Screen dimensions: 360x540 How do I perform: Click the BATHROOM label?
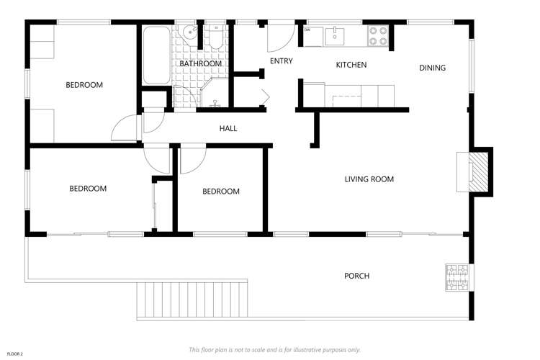(201, 63)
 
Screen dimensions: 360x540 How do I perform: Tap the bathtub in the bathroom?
(155, 55)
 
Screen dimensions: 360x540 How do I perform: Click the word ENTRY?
(281, 61)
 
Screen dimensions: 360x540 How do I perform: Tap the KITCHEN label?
(351, 66)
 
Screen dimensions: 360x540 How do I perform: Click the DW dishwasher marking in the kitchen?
(307, 30)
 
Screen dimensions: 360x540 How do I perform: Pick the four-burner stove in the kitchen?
(378, 33)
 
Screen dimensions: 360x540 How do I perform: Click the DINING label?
(433, 68)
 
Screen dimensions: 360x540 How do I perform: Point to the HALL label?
(228, 129)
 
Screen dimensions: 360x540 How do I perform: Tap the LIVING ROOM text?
(369, 179)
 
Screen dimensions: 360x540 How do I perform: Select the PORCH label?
(357, 276)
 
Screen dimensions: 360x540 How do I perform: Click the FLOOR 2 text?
(15, 354)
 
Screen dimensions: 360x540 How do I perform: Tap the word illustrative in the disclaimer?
(311, 350)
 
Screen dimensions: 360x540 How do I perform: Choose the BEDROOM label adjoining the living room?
(220, 192)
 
